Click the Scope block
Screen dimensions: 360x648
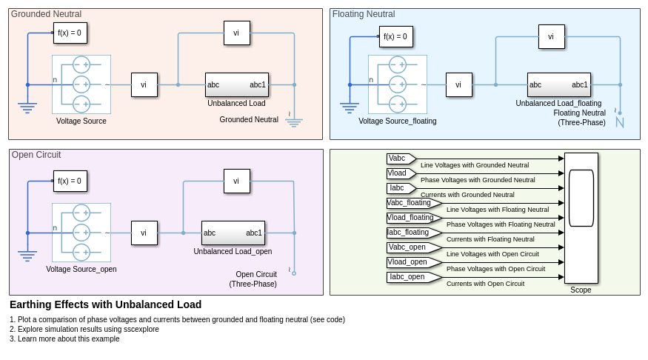pyautogui.click(x=581, y=218)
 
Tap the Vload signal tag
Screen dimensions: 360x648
pyautogui.click(x=400, y=173)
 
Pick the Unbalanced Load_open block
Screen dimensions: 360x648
pyautogui.click(x=233, y=233)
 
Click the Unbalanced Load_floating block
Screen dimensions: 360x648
pyautogui.click(x=558, y=84)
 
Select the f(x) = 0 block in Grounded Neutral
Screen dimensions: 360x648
pyautogui.click(x=70, y=33)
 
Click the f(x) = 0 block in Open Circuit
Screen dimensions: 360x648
pyautogui.click(x=70, y=181)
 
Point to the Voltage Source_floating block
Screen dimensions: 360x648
pyautogui.click(x=398, y=84)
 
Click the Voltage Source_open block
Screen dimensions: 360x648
pyautogui.click(x=81, y=233)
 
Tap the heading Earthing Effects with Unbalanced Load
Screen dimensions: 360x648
pyautogui.click(x=105, y=304)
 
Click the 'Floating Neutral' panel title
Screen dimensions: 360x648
pyautogui.click(x=364, y=14)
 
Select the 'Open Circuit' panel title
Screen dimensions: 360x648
pyautogui.click(x=36, y=155)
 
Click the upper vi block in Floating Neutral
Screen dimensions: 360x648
pyautogui.click(x=551, y=36)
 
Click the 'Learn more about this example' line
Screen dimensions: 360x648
pyautogui.click(x=64, y=339)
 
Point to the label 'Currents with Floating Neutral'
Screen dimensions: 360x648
pyautogui.click(x=490, y=239)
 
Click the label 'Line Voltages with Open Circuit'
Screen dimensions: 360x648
pyautogui.click(x=492, y=254)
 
